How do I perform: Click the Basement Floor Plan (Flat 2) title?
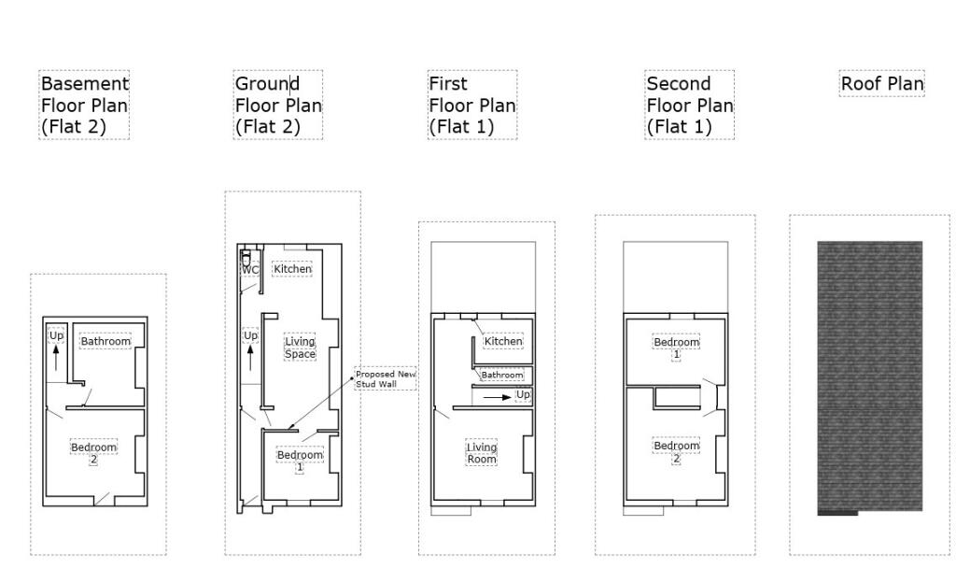[84, 105]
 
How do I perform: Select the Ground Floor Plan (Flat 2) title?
[278, 105]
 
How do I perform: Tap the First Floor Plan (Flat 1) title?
[471, 105]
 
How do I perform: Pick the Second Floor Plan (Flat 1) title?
[689, 105]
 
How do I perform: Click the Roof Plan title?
[882, 84]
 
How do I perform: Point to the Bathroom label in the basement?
[105, 341]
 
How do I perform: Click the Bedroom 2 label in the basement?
[93, 452]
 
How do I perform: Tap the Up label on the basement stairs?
[56, 335]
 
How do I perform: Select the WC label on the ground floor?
[250, 270]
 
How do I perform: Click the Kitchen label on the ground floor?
[292, 269]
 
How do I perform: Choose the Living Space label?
[300, 348]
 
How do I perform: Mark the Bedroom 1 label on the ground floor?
[300, 460]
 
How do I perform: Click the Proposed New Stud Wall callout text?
[385, 378]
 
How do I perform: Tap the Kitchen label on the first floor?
[503, 341]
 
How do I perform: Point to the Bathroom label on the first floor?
[502, 375]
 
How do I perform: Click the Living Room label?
[482, 453]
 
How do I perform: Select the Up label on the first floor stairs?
[523, 395]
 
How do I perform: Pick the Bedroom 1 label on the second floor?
[676, 348]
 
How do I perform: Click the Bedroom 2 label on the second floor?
[676, 451]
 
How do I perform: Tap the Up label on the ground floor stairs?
[250, 335]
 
